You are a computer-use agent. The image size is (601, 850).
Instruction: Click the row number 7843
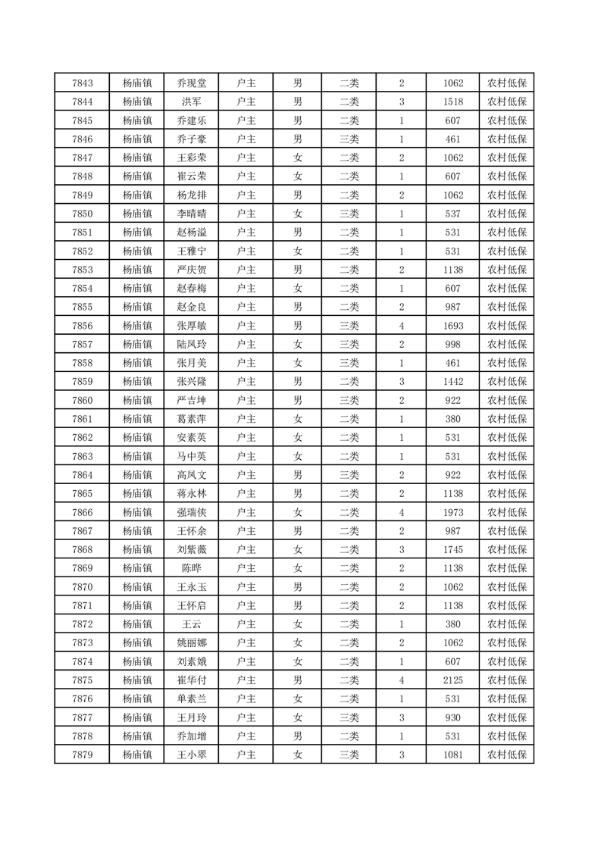pyautogui.click(x=82, y=83)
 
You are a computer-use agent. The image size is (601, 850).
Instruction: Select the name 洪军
pyautogui.click(x=191, y=102)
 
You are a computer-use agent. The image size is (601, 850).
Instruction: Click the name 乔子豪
pyautogui.click(x=191, y=139)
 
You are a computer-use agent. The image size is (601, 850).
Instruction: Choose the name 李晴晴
pyautogui.click(x=191, y=214)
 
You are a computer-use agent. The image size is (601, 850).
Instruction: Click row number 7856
pyautogui.click(x=82, y=326)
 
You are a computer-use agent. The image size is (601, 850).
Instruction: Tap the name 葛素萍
pyautogui.click(x=191, y=419)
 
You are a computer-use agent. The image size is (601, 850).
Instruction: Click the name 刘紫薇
pyautogui.click(x=191, y=549)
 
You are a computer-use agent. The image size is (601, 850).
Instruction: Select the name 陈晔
pyautogui.click(x=191, y=568)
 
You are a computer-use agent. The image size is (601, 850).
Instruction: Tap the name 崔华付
pyautogui.click(x=191, y=680)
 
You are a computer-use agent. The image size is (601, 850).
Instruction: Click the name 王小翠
pyautogui.click(x=191, y=755)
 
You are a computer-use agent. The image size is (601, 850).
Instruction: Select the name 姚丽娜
pyautogui.click(x=191, y=642)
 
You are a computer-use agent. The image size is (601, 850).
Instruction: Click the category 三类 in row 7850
pyautogui.click(x=349, y=214)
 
